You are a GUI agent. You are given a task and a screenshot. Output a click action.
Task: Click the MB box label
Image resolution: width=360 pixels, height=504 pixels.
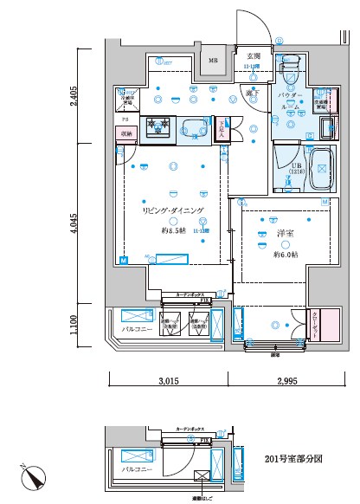(212, 61)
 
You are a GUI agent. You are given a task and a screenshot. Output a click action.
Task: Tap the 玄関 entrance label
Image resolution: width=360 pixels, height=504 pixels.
(252, 56)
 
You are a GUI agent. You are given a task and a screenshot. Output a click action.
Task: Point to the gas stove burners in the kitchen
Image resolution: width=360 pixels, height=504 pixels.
(158, 126)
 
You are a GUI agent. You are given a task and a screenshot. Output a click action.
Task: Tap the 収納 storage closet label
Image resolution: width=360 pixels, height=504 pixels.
(126, 133)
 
